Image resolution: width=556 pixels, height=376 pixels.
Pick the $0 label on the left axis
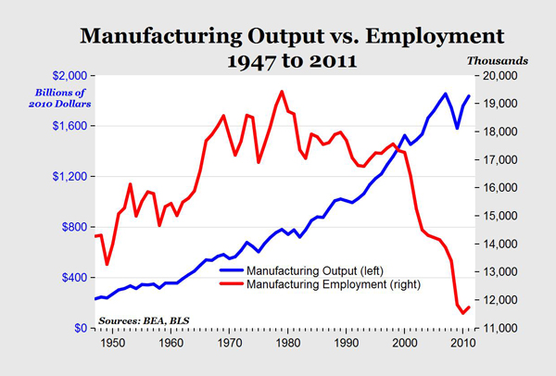pos(82,329)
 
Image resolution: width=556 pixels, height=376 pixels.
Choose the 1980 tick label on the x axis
pos(287,343)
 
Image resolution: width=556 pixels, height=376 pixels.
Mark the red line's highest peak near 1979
pos(282,91)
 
